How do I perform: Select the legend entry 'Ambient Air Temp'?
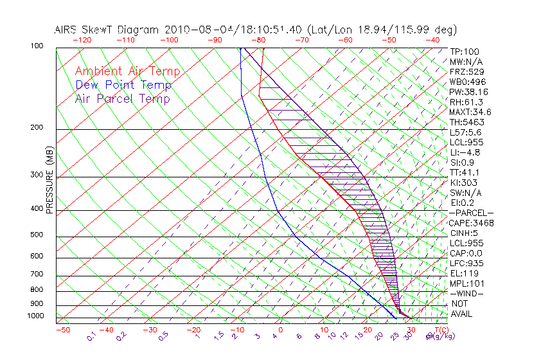(x=127, y=71)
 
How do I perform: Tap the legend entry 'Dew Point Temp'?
(x=123, y=85)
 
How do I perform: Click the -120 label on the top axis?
(x=82, y=40)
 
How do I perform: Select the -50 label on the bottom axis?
(x=63, y=330)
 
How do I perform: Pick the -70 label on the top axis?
(x=301, y=40)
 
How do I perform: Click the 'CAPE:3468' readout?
(x=471, y=223)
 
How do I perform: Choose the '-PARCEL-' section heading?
(x=471, y=213)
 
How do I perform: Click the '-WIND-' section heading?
(x=467, y=293)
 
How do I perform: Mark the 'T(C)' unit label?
(x=440, y=330)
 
